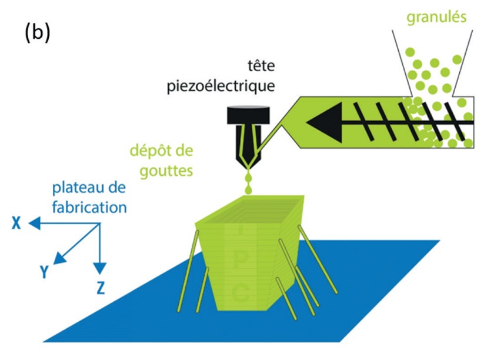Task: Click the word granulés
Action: [436, 16]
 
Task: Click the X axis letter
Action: [16, 223]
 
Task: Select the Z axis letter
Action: [101, 288]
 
